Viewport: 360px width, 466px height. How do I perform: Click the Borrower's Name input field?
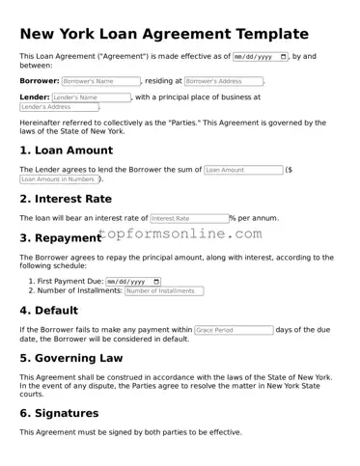pyautogui.click(x=101, y=81)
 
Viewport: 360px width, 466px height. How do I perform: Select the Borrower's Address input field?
pyautogui.click(x=223, y=81)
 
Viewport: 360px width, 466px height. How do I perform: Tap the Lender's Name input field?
pyautogui.click(x=91, y=97)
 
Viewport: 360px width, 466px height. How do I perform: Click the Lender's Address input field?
pyautogui.click(x=58, y=107)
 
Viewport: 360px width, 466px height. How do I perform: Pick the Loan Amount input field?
pyautogui.click(x=243, y=170)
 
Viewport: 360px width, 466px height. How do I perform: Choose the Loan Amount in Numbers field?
pyautogui.click(x=58, y=179)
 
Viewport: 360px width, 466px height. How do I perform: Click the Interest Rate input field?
pyautogui.click(x=189, y=218)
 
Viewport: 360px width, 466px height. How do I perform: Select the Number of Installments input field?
pyautogui.click(x=164, y=290)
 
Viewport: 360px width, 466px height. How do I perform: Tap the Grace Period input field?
pyautogui.click(x=234, y=330)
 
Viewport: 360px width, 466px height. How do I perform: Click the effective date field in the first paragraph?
pyautogui.click(x=261, y=56)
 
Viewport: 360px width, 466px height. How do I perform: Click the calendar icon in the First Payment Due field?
pyautogui.click(x=156, y=281)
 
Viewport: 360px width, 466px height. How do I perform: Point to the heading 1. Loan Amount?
pyautogui.click(x=67, y=151)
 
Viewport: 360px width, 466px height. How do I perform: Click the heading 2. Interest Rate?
pyautogui.click(x=66, y=199)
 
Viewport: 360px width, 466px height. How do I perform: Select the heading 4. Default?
pyautogui.click(x=54, y=311)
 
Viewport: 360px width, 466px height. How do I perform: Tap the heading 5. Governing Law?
pyautogui.click(x=71, y=358)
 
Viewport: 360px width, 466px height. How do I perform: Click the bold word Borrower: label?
pyautogui.click(x=40, y=81)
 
